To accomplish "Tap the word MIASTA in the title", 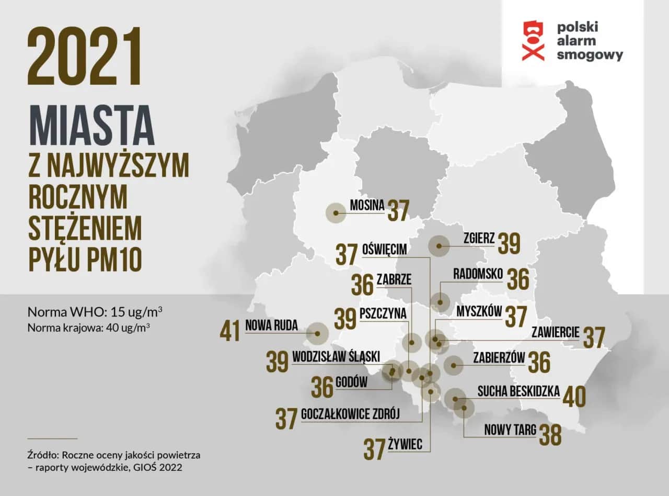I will coord(92,126).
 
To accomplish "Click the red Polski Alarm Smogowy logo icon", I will coord(533,40).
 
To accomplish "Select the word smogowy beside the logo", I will coord(590,54).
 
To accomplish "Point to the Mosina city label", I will coord(367,205).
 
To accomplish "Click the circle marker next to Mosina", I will coord(336,213).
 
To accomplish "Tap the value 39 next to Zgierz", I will coord(509,243).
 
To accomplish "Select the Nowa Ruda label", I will coord(271,325).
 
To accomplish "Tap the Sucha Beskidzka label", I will coord(518,391).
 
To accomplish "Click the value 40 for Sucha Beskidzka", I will coord(574,397).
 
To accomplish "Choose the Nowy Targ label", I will coord(510,430).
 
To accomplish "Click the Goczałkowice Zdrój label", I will coord(350,414).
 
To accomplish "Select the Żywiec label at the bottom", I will coord(410,444).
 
